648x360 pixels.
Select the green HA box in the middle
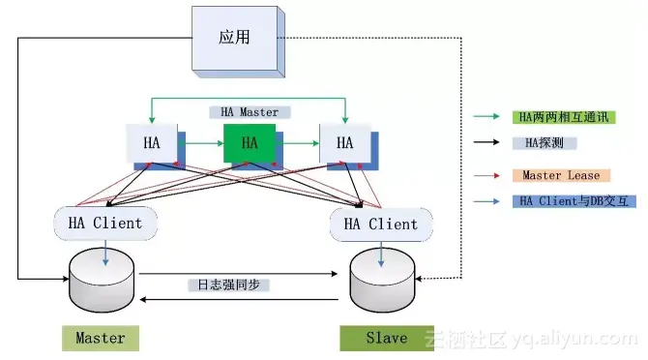point(250,143)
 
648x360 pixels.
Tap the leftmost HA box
point(152,143)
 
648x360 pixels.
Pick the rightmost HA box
point(344,143)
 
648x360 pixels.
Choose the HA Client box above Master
point(104,224)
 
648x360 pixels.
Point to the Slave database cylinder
point(383,279)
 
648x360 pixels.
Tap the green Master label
point(101,338)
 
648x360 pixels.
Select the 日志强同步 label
point(228,285)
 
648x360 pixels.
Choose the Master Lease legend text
point(561,175)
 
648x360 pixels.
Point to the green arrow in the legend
point(487,116)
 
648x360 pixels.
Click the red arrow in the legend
point(487,175)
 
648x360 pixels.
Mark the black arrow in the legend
point(487,143)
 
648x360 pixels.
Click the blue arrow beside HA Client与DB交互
point(487,201)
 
